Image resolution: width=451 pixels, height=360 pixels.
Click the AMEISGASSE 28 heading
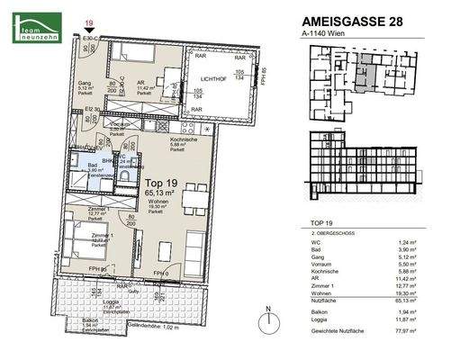[346, 24]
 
